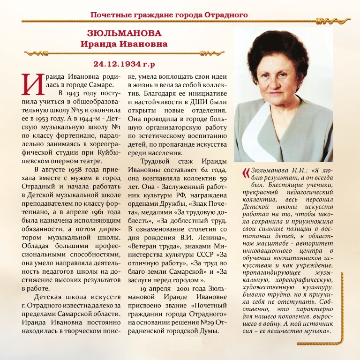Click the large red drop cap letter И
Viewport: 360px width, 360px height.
coord(30,83)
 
